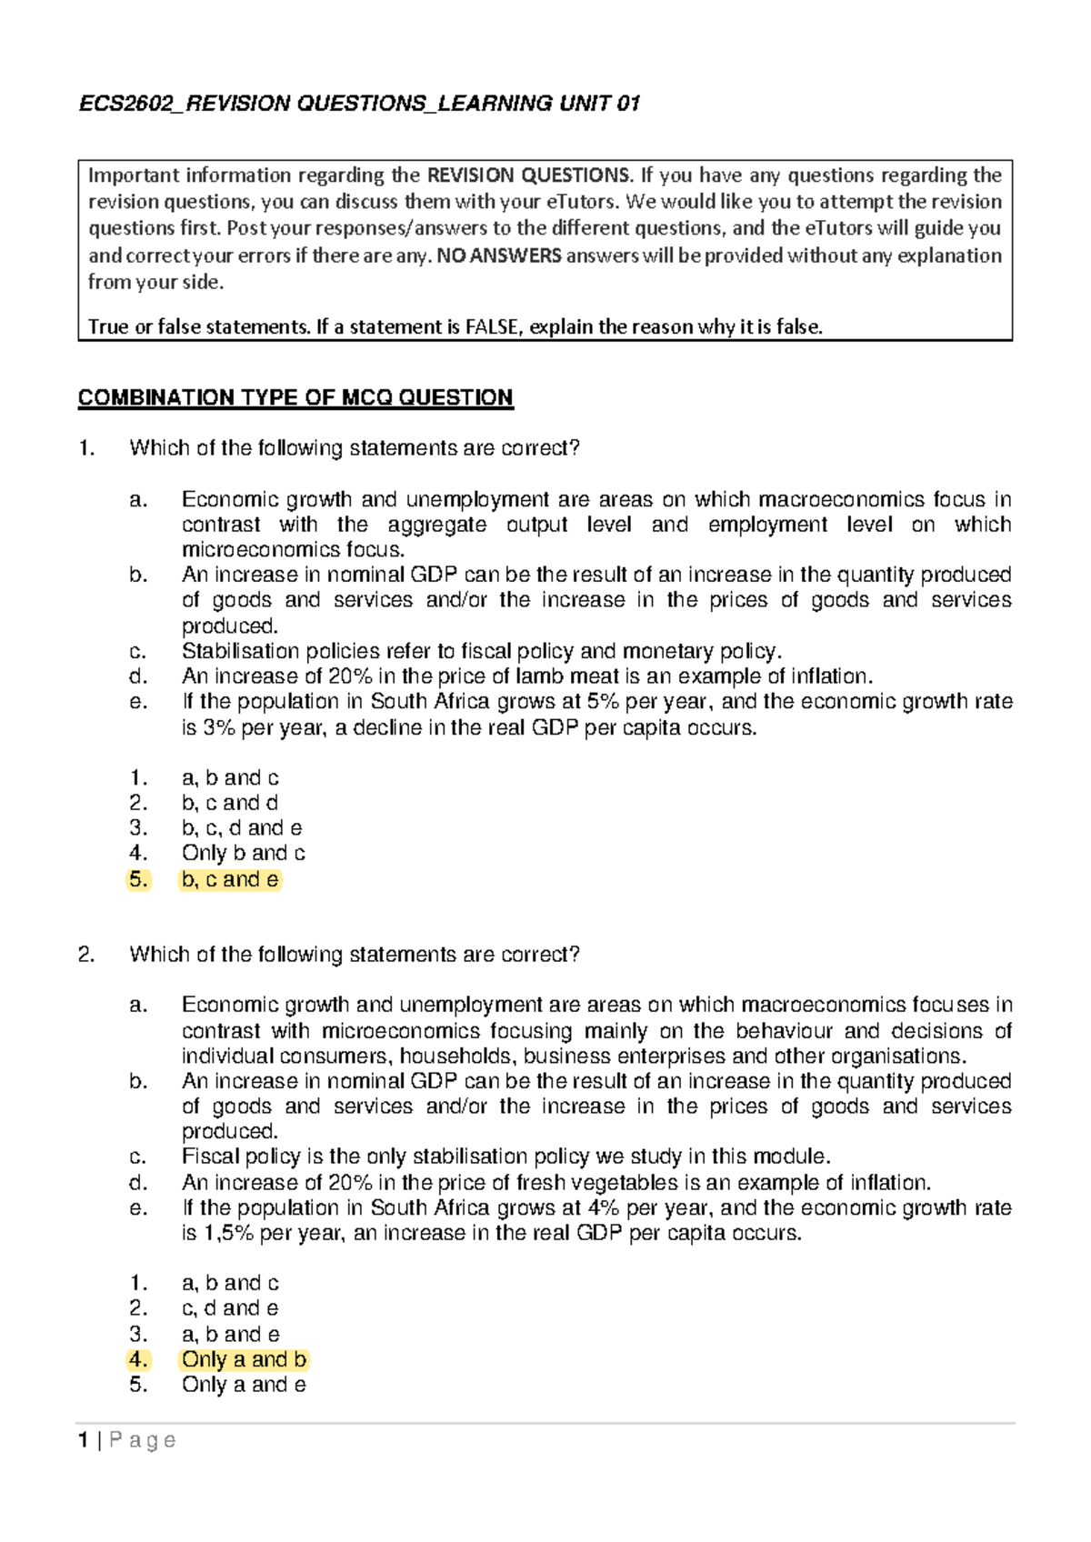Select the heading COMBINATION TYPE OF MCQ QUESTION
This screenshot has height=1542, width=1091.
point(295,397)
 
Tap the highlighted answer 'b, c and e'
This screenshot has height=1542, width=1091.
point(230,879)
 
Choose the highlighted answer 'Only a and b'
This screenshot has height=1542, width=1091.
point(244,1359)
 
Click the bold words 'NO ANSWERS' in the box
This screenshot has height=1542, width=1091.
point(499,255)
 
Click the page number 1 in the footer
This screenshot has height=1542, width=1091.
point(84,1440)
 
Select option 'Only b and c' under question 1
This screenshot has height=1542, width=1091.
point(243,853)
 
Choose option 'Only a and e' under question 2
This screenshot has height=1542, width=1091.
point(244,1385)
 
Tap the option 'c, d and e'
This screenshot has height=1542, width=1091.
point(230,1308)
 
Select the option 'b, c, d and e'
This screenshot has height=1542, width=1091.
point(242,827)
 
